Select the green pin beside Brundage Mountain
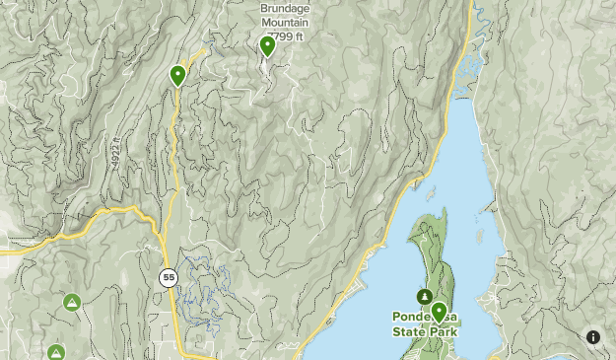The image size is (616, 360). coord(267,45)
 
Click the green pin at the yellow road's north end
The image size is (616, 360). coord(178,75)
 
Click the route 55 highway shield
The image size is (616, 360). coord(169,278)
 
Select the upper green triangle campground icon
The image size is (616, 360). coord(71,302)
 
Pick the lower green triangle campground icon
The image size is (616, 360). coord(56,352)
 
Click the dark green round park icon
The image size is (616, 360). coord(425,296)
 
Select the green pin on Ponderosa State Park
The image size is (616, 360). coord(439,313)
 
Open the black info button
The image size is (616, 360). coord(593,337)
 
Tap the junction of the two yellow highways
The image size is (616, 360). coord(159,229)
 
